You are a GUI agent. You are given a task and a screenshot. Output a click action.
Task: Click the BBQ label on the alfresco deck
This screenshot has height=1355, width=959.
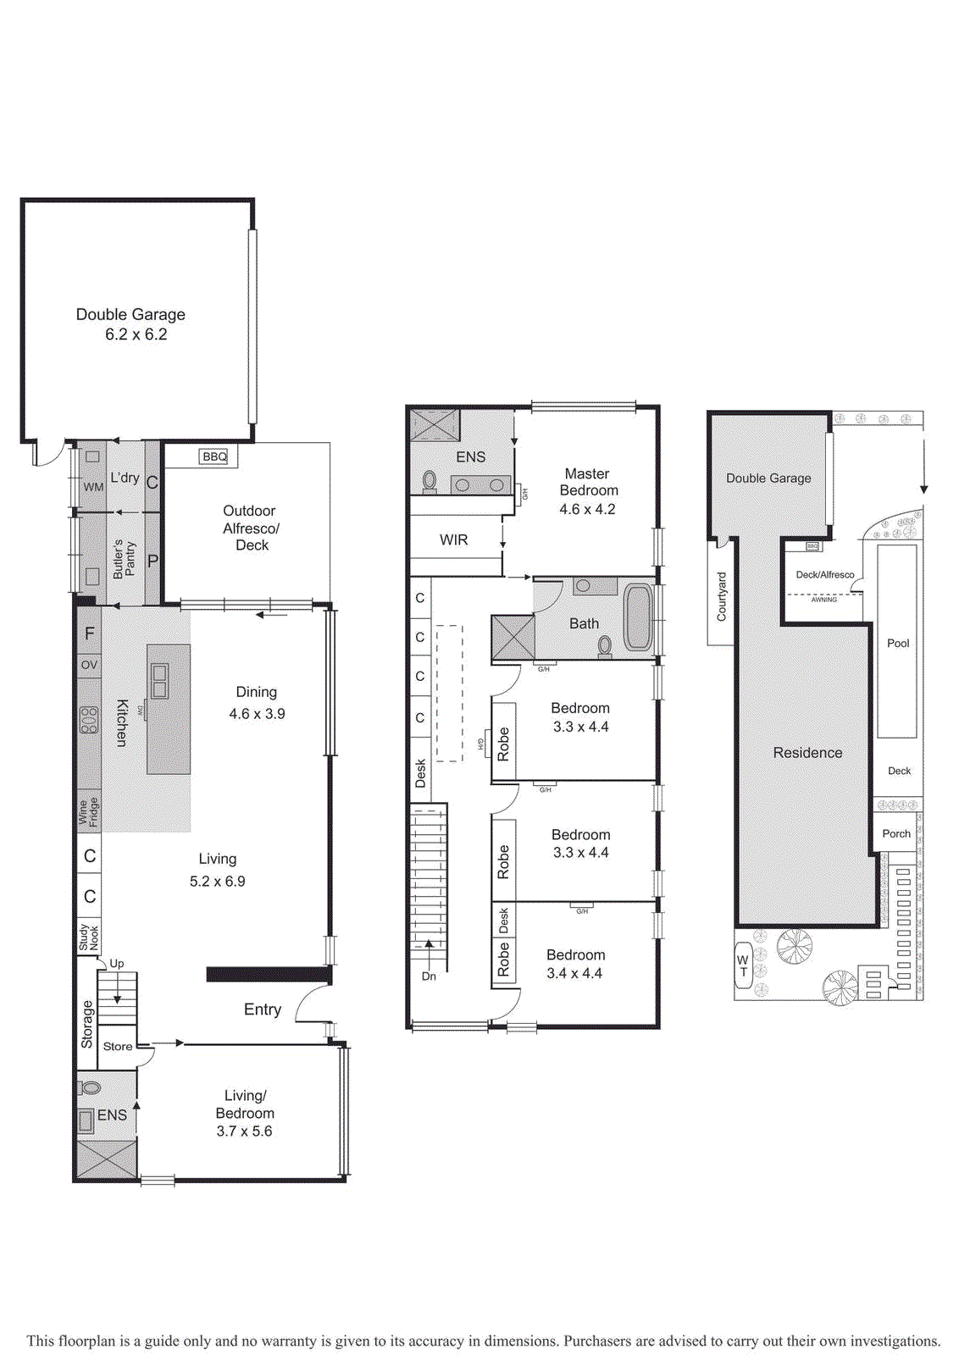[x=214, y=456]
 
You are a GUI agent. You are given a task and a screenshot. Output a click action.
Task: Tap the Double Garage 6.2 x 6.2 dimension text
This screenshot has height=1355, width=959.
[x=136, y=335]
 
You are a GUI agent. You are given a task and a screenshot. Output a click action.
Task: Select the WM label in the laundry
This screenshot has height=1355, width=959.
[x=93, y=487]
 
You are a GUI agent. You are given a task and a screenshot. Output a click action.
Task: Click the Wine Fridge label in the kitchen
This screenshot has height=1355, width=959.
[x=89, y=811]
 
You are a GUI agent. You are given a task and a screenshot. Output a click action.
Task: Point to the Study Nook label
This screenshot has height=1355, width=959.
[x=89, y=937]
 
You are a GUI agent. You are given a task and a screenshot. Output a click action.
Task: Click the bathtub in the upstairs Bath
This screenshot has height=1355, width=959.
[x=638, y=617]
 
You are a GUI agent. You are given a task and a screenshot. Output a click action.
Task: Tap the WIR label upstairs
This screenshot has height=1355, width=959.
[x=453, y=539]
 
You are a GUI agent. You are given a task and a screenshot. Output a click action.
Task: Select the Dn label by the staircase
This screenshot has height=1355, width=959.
[x=429, y=976]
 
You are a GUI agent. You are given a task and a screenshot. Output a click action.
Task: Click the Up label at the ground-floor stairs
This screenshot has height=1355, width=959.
[x=117, y=963]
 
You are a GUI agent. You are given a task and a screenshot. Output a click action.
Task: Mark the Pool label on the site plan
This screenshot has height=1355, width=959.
[x=898, y=643]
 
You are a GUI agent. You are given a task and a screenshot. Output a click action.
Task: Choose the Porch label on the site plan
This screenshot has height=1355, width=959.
[x=896, y=833]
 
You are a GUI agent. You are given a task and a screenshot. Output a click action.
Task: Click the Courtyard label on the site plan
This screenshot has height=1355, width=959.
[x=721, y=596]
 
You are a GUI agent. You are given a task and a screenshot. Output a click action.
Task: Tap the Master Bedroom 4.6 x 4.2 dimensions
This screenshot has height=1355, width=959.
[x=587, y=509]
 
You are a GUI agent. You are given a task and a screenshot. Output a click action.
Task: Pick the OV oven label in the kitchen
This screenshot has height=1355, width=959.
[x=89, y=665]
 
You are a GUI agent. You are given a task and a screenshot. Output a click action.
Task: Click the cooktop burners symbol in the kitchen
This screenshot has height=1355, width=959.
[x=89, y=720]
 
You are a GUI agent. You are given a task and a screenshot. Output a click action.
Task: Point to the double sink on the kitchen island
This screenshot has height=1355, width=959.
[x=159, y=681]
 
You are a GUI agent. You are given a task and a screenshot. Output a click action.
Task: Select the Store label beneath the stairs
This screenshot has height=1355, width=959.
[x=118, y=1046]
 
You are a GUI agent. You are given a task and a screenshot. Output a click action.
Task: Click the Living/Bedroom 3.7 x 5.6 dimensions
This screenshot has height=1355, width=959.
[x=244, y=1131]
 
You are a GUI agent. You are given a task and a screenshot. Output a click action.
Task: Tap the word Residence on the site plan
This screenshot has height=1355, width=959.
[x=807, y=752]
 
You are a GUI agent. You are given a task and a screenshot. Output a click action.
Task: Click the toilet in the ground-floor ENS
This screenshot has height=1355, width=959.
[x=91, y=1087]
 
